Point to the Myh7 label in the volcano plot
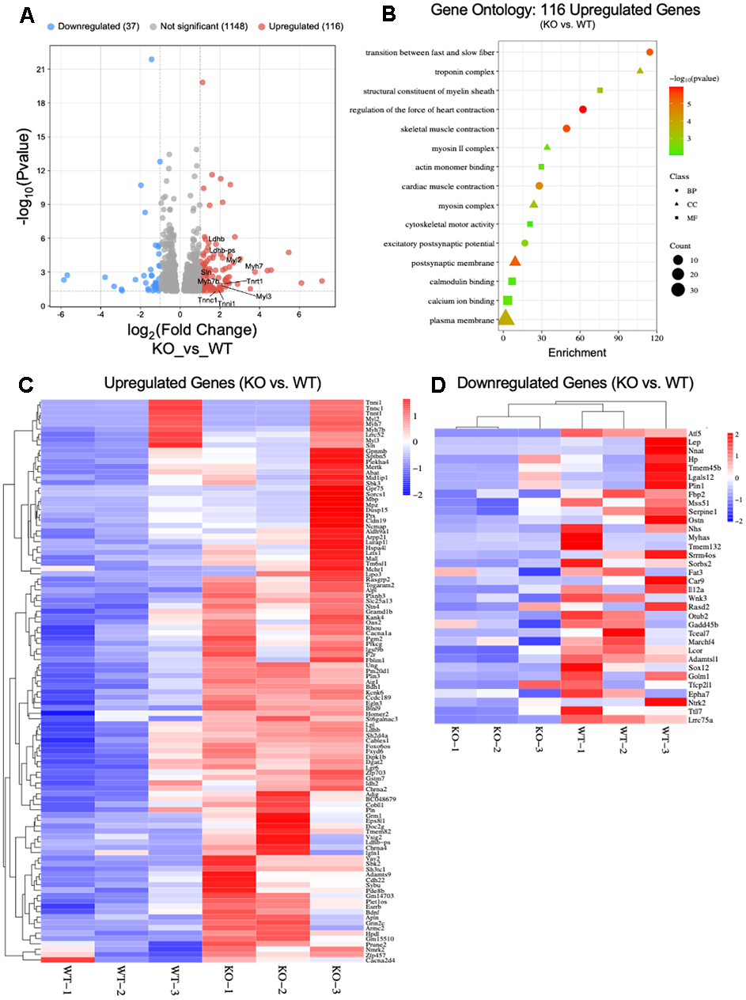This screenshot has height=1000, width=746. click(254, 267)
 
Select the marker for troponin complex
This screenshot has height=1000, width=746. click(640, 71)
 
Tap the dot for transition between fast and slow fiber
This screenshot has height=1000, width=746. click(649, 52)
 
